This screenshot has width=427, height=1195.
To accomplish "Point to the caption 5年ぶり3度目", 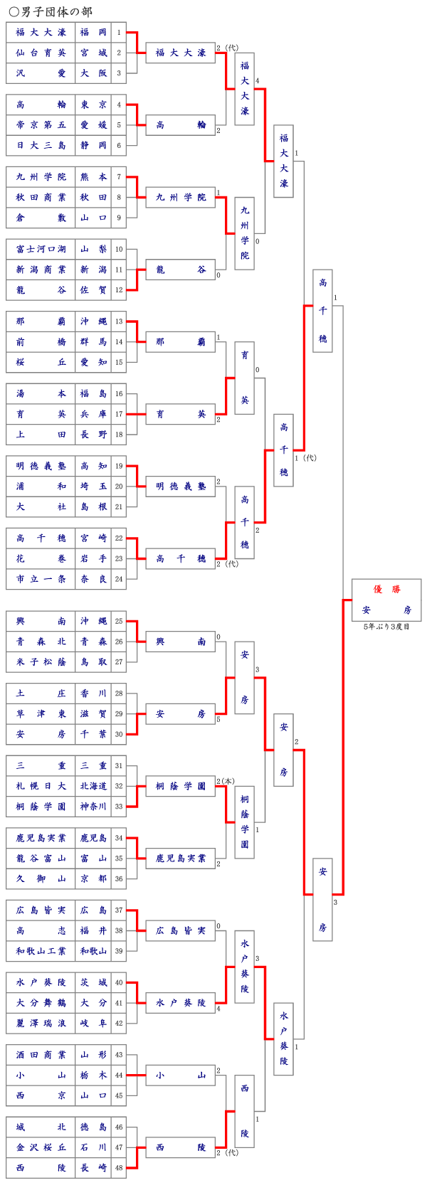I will click(386, 627).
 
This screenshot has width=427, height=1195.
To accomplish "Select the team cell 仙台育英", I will click(41, 53).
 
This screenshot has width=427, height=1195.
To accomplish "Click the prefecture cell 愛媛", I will click(93, 125).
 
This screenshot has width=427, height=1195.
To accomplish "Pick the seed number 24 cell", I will click(119, 579).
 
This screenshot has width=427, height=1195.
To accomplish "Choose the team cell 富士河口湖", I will click(41, 249).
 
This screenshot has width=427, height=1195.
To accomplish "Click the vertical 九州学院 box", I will click(244, 233).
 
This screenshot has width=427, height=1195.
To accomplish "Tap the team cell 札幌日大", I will click(41, 786).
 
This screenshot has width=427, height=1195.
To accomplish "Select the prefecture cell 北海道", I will click(93, 786).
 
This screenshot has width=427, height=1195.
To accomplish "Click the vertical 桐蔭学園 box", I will click(244, 822).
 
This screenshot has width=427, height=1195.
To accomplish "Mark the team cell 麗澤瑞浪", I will click(41, 1023).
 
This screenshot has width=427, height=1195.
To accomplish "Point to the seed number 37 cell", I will click(119, 910).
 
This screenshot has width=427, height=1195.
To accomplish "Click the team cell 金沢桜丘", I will click(41, 1147).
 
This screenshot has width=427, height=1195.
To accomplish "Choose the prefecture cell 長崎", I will click(93, 1168).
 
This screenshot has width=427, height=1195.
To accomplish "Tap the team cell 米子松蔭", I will click(41, 662).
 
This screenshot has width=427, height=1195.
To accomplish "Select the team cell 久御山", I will click(41, 878).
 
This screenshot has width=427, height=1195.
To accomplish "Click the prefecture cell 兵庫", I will click(93, 414).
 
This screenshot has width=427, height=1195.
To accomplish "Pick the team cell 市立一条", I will click(41, 579).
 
